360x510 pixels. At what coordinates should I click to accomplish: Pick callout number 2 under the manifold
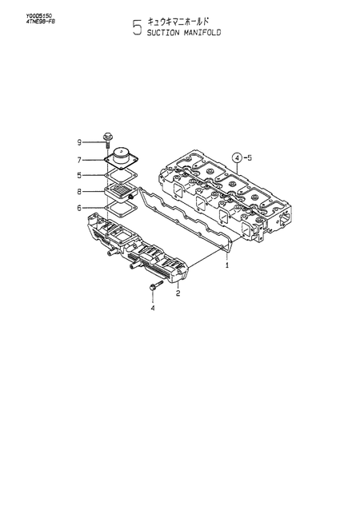(x=178, y=293)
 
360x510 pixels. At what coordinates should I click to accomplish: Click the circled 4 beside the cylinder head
(x=237, y=157)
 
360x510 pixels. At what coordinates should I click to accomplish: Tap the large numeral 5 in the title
(x=138, y=30)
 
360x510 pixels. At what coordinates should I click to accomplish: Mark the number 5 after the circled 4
(x=250, y=157)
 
